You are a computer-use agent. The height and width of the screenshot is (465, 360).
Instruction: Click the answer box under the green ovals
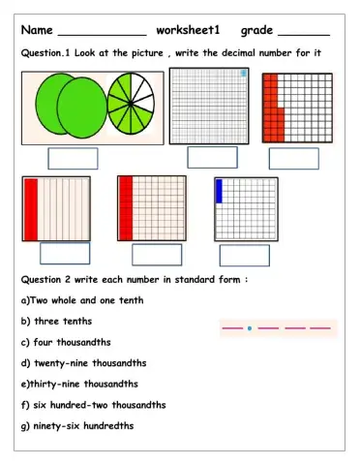73,158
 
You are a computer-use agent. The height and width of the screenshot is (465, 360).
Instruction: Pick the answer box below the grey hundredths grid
212,158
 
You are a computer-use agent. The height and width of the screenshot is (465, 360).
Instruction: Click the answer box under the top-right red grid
293,158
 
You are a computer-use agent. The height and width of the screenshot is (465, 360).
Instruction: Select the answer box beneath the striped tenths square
65,253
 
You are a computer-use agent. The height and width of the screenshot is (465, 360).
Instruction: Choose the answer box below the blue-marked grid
244,255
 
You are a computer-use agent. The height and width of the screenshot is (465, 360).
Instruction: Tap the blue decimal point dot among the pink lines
250,328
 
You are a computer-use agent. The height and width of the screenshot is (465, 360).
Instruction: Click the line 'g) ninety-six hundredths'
77,426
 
